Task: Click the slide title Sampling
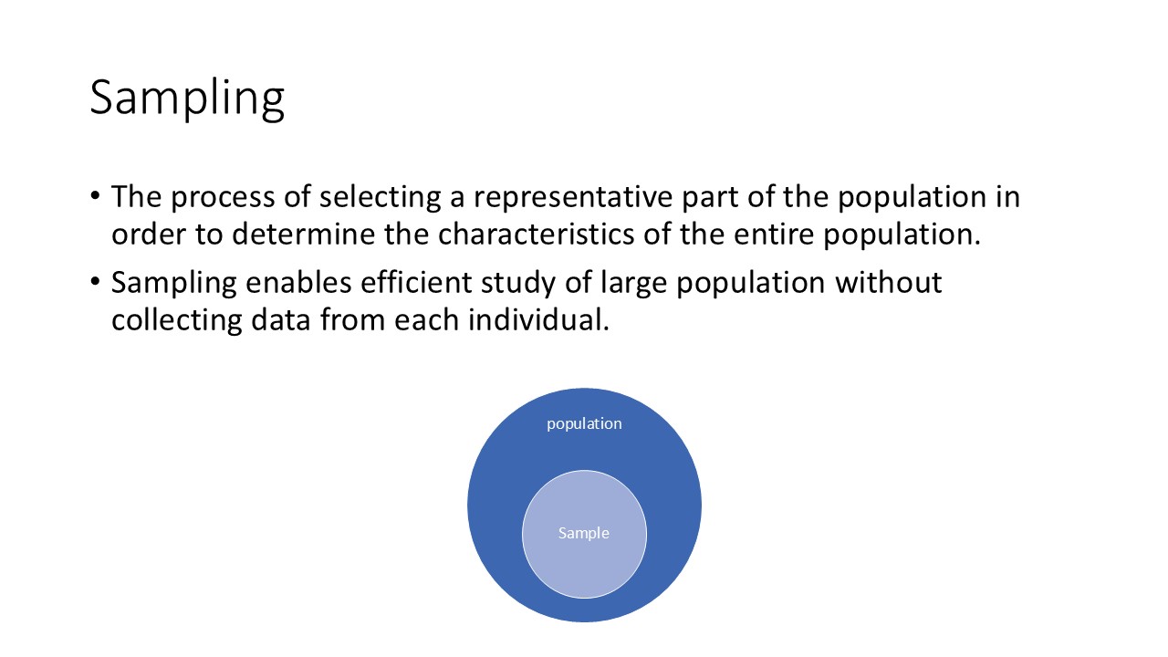187,97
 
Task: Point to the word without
888,284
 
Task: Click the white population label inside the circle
584,423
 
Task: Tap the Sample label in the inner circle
584,533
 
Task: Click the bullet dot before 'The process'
96,198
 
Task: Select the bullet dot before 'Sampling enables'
96,284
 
